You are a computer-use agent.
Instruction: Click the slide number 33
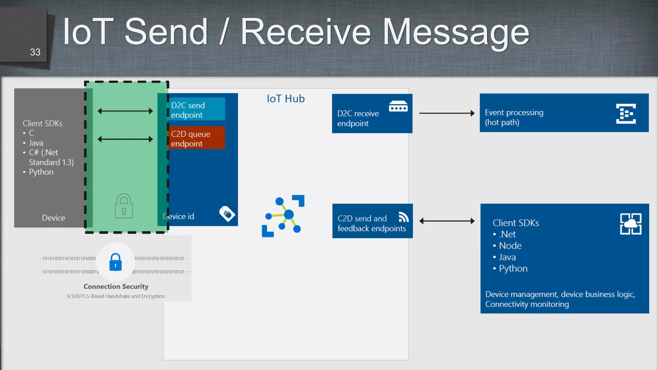click(35, 52)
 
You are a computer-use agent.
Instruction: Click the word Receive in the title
click(306, 32)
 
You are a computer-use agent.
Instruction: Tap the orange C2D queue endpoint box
click(196, 138)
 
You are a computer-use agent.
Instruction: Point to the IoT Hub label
click(286, 99)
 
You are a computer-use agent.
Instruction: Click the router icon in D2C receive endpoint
click(398, 106)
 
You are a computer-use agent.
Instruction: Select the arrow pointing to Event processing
click(447, 113)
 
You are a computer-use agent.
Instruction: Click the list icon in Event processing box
click(626, 114)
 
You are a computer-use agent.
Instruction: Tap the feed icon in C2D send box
click(404, 217)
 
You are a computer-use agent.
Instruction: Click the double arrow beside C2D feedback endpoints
click(447, 221)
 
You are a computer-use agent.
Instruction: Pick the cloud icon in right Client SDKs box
click(630, 224)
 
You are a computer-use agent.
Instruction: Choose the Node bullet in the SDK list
click(510, 246)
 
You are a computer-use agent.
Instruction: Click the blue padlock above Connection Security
click(115, 262)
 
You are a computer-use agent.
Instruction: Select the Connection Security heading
click(116, 286)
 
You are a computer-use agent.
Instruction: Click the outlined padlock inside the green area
click(124, 206)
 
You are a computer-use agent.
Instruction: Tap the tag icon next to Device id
click(227, 214)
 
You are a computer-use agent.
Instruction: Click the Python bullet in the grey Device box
click(41, 172)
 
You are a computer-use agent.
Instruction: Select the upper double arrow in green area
click(125, 111)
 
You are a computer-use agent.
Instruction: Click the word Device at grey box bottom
click(53, 218)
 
